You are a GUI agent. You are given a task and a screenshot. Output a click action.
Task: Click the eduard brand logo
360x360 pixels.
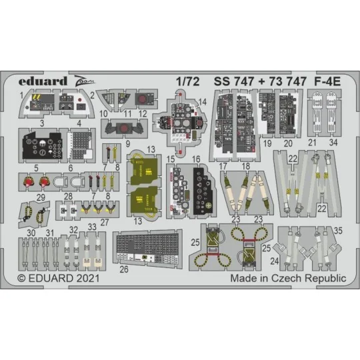coord(43,82)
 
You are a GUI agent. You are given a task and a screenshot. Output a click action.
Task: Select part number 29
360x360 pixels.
coord(23,198)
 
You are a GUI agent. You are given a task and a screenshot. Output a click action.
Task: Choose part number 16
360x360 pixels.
coord(197,160)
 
